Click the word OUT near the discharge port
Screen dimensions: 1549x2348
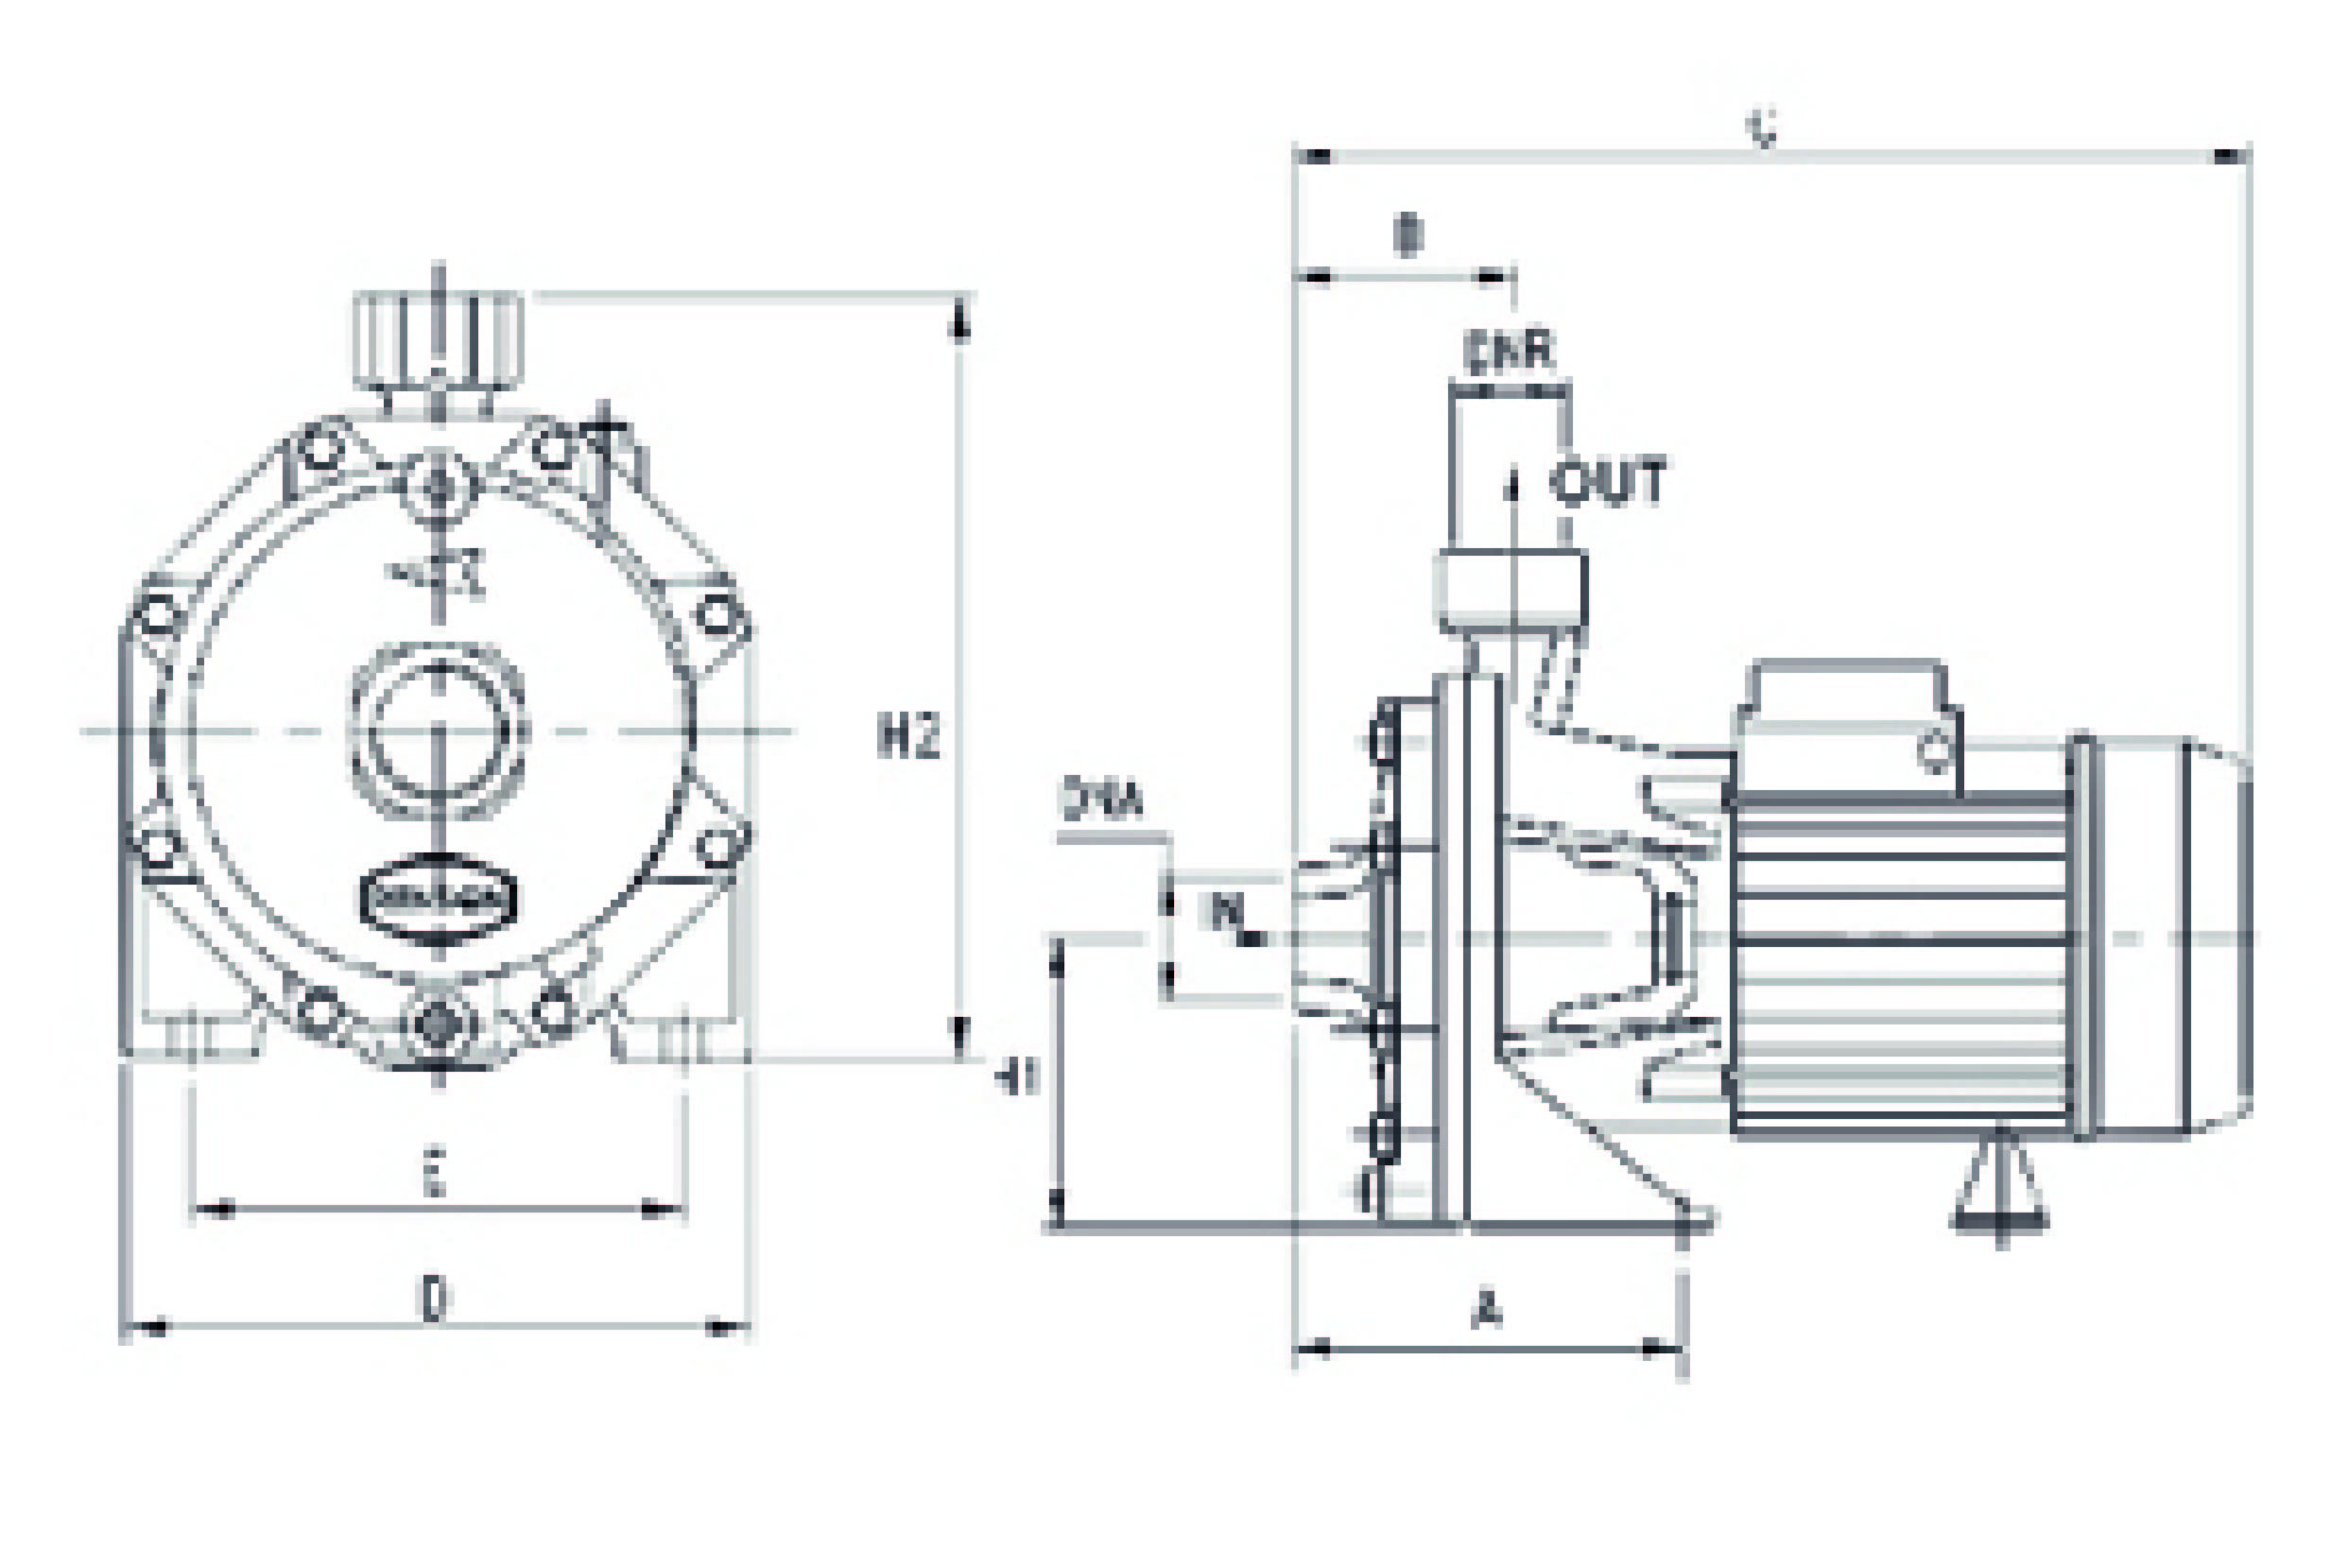[1607, 481]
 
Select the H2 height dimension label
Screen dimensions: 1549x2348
[907, 735]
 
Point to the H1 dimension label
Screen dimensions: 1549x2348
[1016, 1077]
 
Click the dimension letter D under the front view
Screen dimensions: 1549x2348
[433, 1299]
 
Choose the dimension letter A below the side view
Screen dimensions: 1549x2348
[1486, 1310]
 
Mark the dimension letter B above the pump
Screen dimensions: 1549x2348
[1407, 237]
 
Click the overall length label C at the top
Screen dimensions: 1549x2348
[1764, 129]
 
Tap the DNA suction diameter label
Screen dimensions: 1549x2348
[1102, 800]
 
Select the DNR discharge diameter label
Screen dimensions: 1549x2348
[1509, 353]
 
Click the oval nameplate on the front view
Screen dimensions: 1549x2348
[438, 898]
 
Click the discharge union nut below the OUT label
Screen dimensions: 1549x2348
[1511, 590]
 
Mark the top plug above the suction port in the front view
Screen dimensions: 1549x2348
[440, 486]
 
